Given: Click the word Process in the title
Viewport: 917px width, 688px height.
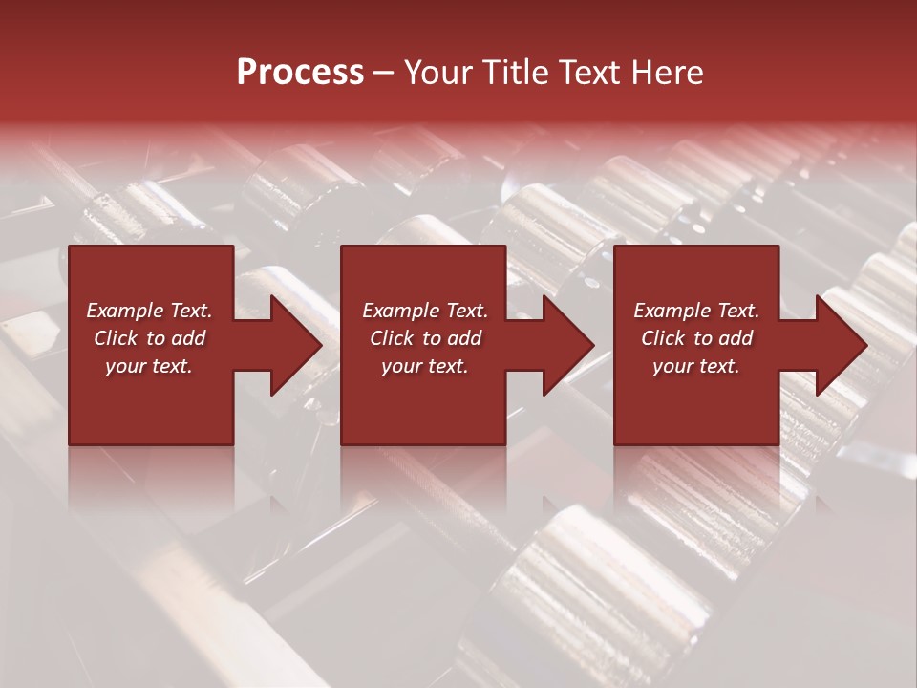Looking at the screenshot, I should coord(300,73).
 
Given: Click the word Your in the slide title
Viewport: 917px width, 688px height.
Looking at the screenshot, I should coord(437,73).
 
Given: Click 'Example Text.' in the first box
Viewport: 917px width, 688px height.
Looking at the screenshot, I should coord(149,311).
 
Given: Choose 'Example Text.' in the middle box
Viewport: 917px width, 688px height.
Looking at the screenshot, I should coord(425,311).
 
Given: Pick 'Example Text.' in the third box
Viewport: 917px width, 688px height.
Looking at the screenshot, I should coord(696,311).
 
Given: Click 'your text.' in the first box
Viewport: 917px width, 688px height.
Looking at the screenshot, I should coord(149,366).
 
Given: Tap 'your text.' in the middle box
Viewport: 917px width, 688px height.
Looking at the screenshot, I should coord(425,366).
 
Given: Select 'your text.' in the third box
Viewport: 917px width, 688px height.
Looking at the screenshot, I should coord(696,366).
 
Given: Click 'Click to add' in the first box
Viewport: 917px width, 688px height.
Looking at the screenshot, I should coord(149,338).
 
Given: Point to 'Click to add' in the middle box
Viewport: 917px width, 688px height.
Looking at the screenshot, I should coord(425,338).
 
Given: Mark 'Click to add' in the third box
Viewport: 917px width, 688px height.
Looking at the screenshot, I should coord(696,338).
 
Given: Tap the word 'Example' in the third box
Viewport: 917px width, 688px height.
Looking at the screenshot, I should coord(672,311).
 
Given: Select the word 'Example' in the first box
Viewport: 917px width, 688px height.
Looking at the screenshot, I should coord(124,311).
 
